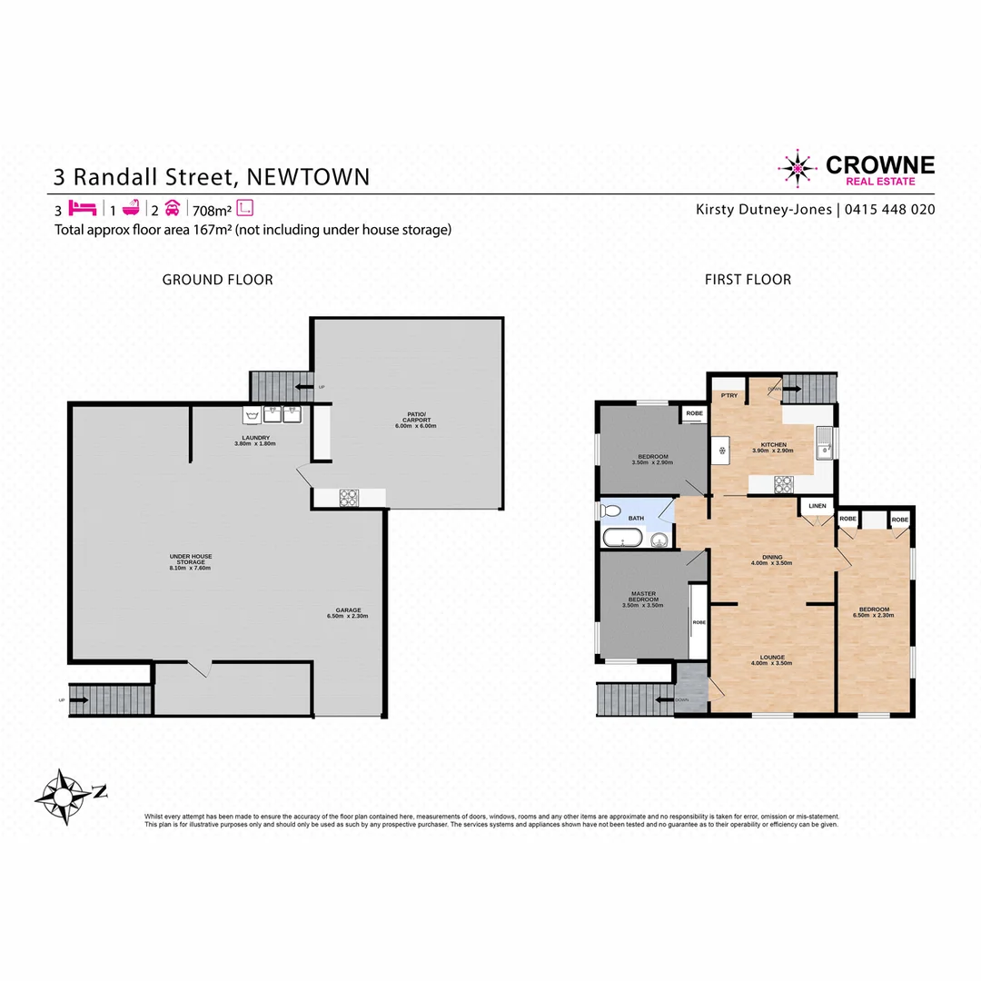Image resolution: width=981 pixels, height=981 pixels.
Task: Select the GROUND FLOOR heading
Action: click(x=217, y=280)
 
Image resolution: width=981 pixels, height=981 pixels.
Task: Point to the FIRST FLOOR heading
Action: click(x=748, y=280)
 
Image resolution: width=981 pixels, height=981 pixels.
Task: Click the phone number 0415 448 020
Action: click(x=889, y=209)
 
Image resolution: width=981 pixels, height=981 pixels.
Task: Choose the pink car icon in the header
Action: click(x=173, y=207)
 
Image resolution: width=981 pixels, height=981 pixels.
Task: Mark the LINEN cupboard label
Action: click(x=817, y=506)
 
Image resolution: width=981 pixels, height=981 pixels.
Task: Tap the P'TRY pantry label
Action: click(x=728, y=396)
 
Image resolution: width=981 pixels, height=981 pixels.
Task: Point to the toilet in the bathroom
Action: click(x=610, y=510)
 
